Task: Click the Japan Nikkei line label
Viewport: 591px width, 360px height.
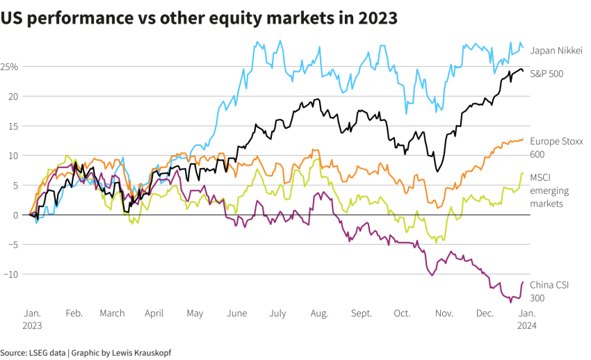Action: click(x=556, y=50)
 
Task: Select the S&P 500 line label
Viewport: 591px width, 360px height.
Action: click(x=547, y=73)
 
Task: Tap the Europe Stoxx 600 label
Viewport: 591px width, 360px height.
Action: click(x=556, y=147)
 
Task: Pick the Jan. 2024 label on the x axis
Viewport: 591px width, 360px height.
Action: click(x=526, y=318)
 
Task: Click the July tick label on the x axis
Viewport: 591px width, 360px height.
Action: click(x=277, y=313)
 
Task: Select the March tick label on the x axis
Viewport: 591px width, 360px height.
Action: click(x=112, y=313)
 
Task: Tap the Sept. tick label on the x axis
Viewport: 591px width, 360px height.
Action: click(x=362, y=313)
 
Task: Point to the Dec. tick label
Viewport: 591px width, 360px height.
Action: click(x=485, y=313)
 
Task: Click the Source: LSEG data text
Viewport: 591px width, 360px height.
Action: click(x=33, y=352)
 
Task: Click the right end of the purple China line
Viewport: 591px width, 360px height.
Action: click(x=523, y=282)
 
